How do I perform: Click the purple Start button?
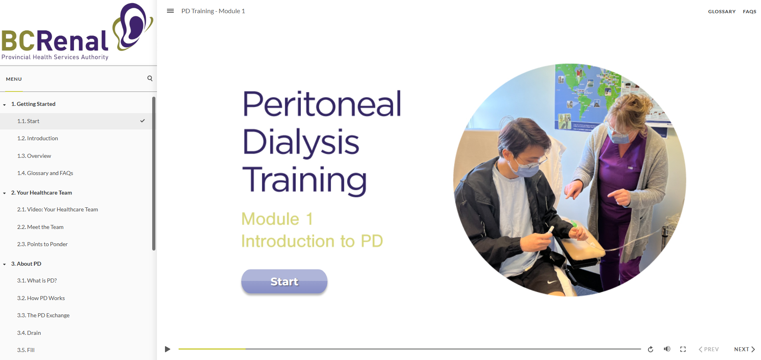click(x=284, y=281)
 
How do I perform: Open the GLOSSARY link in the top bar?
click(x=721, y=12)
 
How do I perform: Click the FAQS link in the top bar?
click(x=749, y=12)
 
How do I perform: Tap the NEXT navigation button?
click(x=745, y=349)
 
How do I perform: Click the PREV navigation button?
click(x=709, y=349)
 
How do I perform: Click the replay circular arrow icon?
click(x=650, y=349)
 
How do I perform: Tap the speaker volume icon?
click(x=667, y=349)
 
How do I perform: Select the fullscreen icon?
click(x=683, y=349)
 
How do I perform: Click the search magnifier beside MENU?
click(x=150, y=78)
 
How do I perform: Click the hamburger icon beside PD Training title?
click(x=170, y=11)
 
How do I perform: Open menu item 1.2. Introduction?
click(x=38, y=138)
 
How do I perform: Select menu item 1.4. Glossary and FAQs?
click(x=45, y=173)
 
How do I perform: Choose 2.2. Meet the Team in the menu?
click(x=40, y=227)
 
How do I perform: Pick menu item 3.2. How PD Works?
click(x=41, y=298)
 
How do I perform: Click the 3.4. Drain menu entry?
click(x=29, y=333)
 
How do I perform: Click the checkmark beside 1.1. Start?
click(x=143, y=121)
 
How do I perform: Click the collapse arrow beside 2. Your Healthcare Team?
click(x=4, y=193)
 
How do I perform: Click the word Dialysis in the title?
click(x=301, y=143)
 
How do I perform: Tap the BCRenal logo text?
click(x=55, y=41)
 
